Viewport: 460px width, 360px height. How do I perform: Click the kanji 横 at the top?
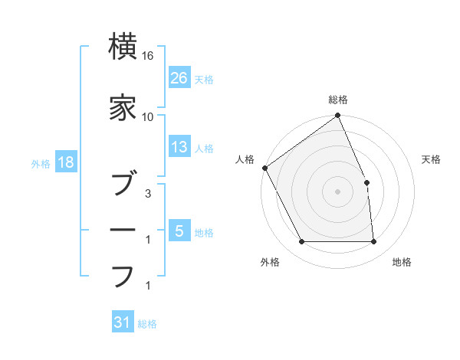point(123,47)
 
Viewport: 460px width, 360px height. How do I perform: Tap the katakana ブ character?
point(123,184)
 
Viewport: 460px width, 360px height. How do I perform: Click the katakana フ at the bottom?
point(123,276)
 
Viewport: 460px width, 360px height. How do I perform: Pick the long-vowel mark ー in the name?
point(123,230)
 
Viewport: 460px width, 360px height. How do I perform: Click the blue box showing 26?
point(179,78)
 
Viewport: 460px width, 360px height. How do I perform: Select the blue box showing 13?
point(179,147)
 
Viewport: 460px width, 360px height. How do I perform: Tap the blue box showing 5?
point(179,231)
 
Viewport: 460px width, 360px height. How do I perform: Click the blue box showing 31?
point(123,323)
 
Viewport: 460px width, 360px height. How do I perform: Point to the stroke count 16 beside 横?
point(148,57)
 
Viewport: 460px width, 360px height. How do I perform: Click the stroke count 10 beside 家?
point(148,116)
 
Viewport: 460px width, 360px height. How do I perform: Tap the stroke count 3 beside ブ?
point(148,195)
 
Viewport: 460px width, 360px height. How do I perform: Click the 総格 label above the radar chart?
point(338,100)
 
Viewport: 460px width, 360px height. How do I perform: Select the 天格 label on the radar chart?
point(431,159)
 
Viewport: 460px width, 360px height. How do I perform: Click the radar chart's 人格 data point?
point(265,168)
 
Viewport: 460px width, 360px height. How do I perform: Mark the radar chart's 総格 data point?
point(337,116)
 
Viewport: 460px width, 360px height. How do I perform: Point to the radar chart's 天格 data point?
point(366,182)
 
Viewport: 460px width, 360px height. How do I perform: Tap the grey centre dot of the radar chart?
point(337,191)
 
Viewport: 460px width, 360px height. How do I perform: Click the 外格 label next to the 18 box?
point(41,164)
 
